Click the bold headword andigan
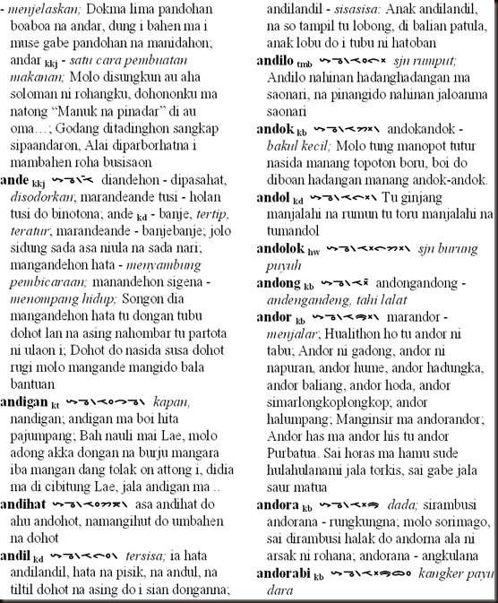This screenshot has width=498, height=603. pos(24,401)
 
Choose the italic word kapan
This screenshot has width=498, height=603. pos(171,401)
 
